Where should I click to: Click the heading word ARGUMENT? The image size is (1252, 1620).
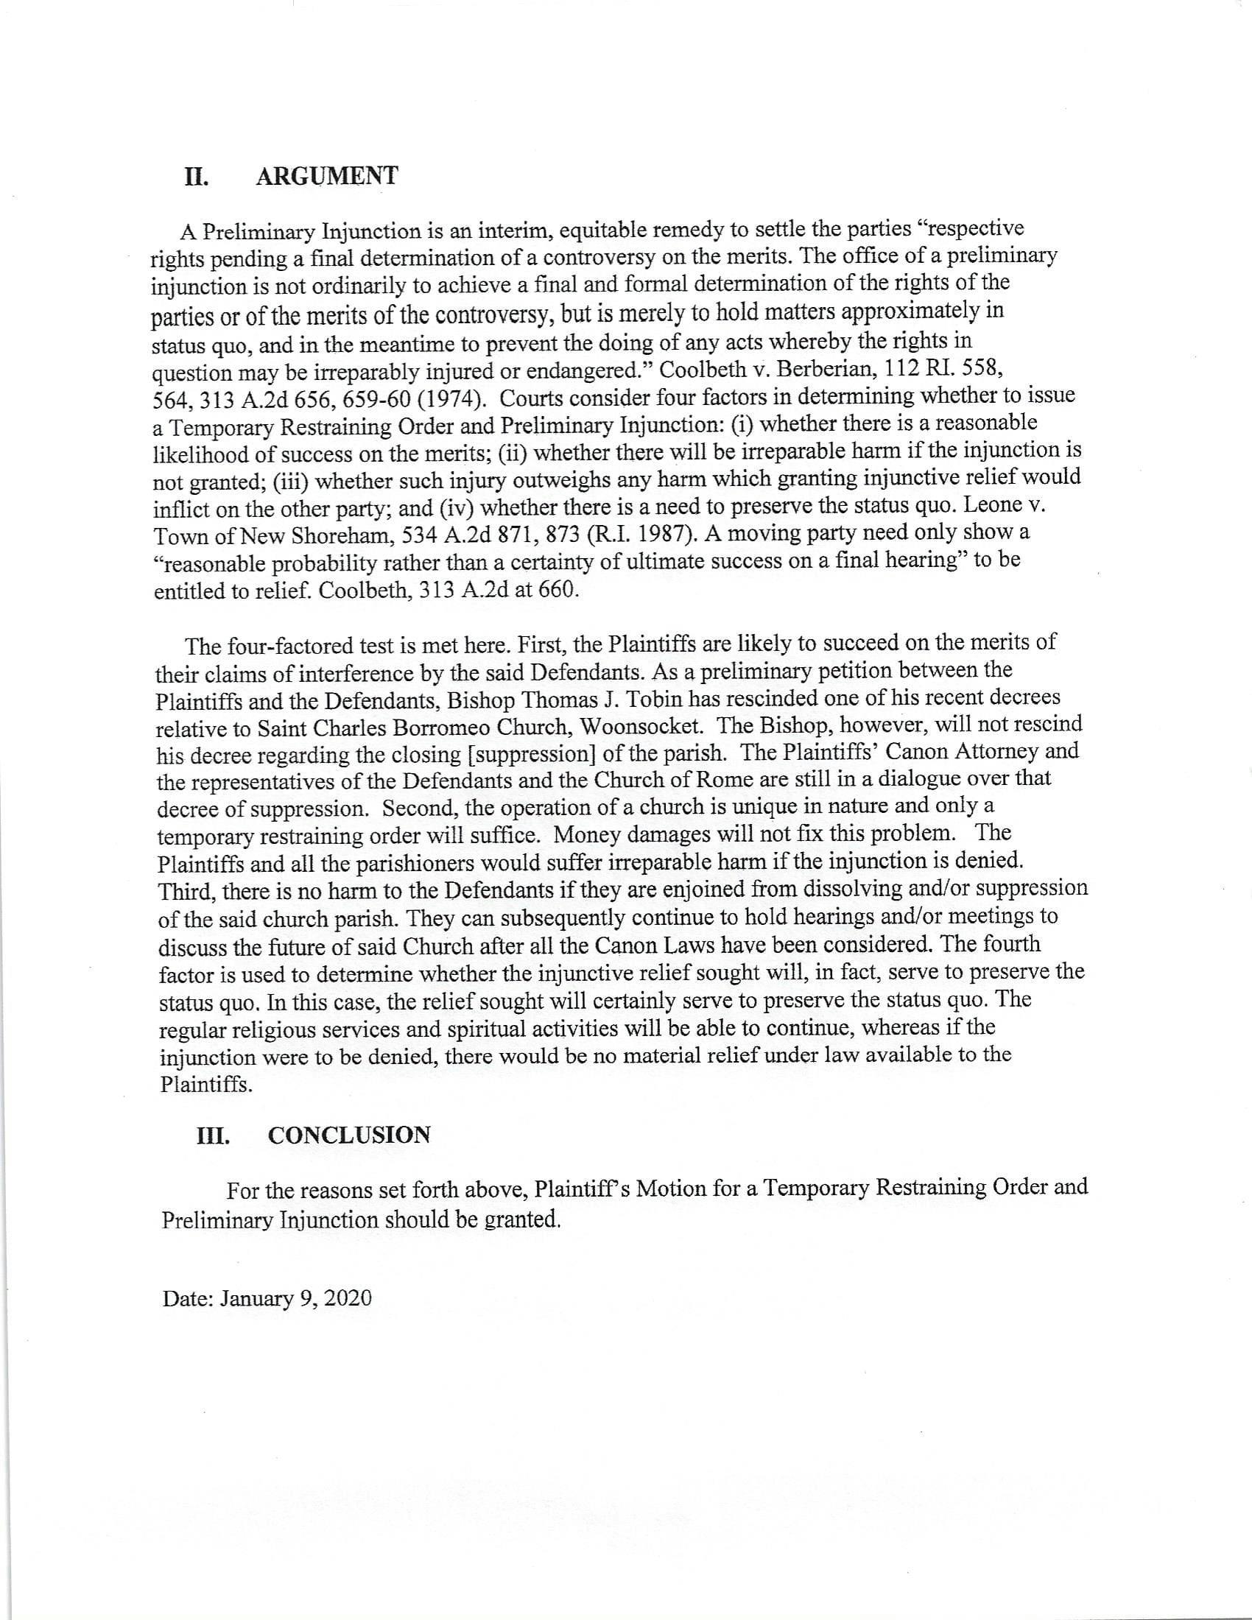pos(326,177)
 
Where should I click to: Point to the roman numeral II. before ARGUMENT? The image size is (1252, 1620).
pos(196,177)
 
